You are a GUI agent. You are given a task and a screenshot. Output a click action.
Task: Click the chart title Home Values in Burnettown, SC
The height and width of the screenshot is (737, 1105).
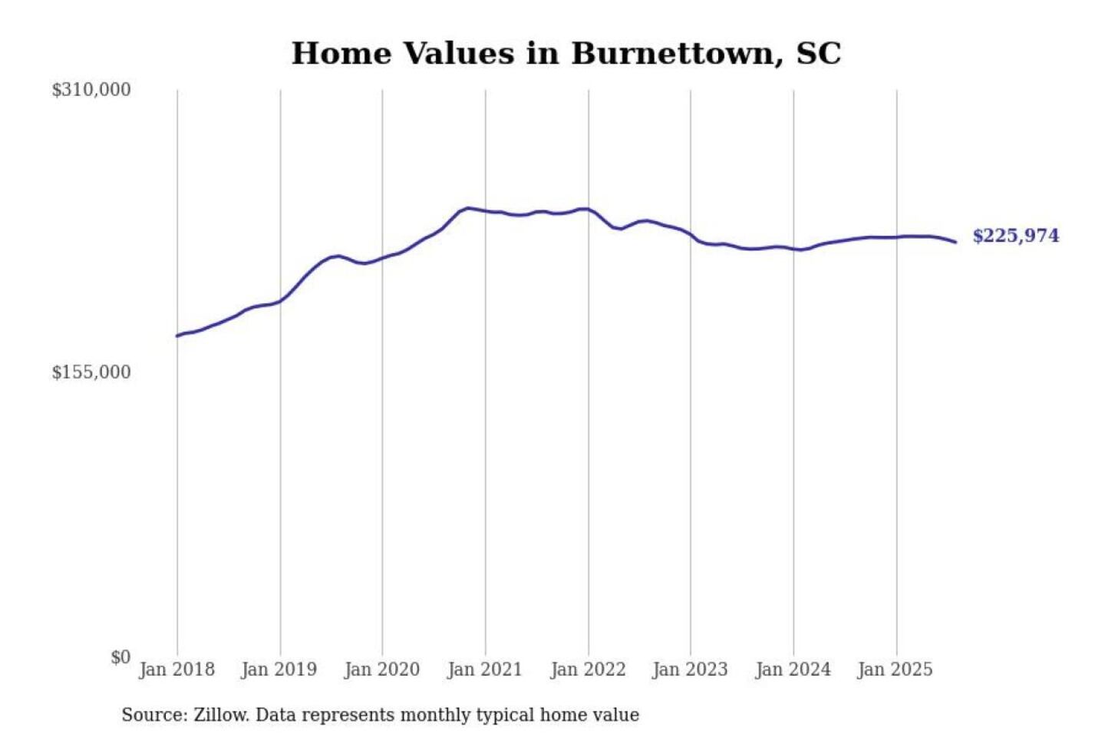tap(566, 54)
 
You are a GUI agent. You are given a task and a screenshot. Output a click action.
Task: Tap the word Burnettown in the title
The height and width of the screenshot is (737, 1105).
tap(673, 54)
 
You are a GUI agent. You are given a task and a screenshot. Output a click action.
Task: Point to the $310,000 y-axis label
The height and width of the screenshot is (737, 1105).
tap(91, 90)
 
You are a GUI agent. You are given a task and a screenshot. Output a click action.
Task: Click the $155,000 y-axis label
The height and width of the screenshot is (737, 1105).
tap(91, 372)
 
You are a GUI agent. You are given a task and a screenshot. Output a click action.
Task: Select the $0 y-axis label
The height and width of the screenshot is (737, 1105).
tap(120, 657)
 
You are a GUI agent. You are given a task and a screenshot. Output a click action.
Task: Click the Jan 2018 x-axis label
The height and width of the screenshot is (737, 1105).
tap(176, 669)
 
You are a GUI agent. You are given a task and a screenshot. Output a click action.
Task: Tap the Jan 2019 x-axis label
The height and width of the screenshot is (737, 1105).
tap(279, 669)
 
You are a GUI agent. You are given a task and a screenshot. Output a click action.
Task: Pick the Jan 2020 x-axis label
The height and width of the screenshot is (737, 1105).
tap(381, 669)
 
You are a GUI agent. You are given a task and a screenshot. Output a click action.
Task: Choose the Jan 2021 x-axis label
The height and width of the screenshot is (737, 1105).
tap(484, 669)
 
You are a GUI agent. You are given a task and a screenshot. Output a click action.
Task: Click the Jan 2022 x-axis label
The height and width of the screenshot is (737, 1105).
tap(588, 669)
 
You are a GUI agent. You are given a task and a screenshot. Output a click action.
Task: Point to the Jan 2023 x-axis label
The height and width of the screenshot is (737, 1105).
tap(690, 669)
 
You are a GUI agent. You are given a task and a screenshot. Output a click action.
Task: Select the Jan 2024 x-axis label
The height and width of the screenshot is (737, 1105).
tap(793, 669)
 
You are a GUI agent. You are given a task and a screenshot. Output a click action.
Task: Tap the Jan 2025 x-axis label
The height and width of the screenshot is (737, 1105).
tap(895, 669)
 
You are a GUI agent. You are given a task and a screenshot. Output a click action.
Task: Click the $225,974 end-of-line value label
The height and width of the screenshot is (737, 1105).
tap(1015, 236)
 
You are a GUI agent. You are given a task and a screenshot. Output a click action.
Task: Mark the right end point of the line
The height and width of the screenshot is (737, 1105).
tap(955, 242)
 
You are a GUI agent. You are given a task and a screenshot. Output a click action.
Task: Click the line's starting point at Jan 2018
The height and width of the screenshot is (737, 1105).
tap(177, 335)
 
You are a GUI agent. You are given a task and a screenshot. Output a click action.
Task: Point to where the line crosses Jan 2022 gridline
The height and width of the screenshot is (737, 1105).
tap(589, 209)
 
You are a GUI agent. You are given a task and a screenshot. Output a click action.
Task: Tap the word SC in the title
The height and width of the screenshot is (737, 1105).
tap(819, 54)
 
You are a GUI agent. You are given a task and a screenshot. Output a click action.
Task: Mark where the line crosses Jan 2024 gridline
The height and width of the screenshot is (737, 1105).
tap(793, 249)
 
